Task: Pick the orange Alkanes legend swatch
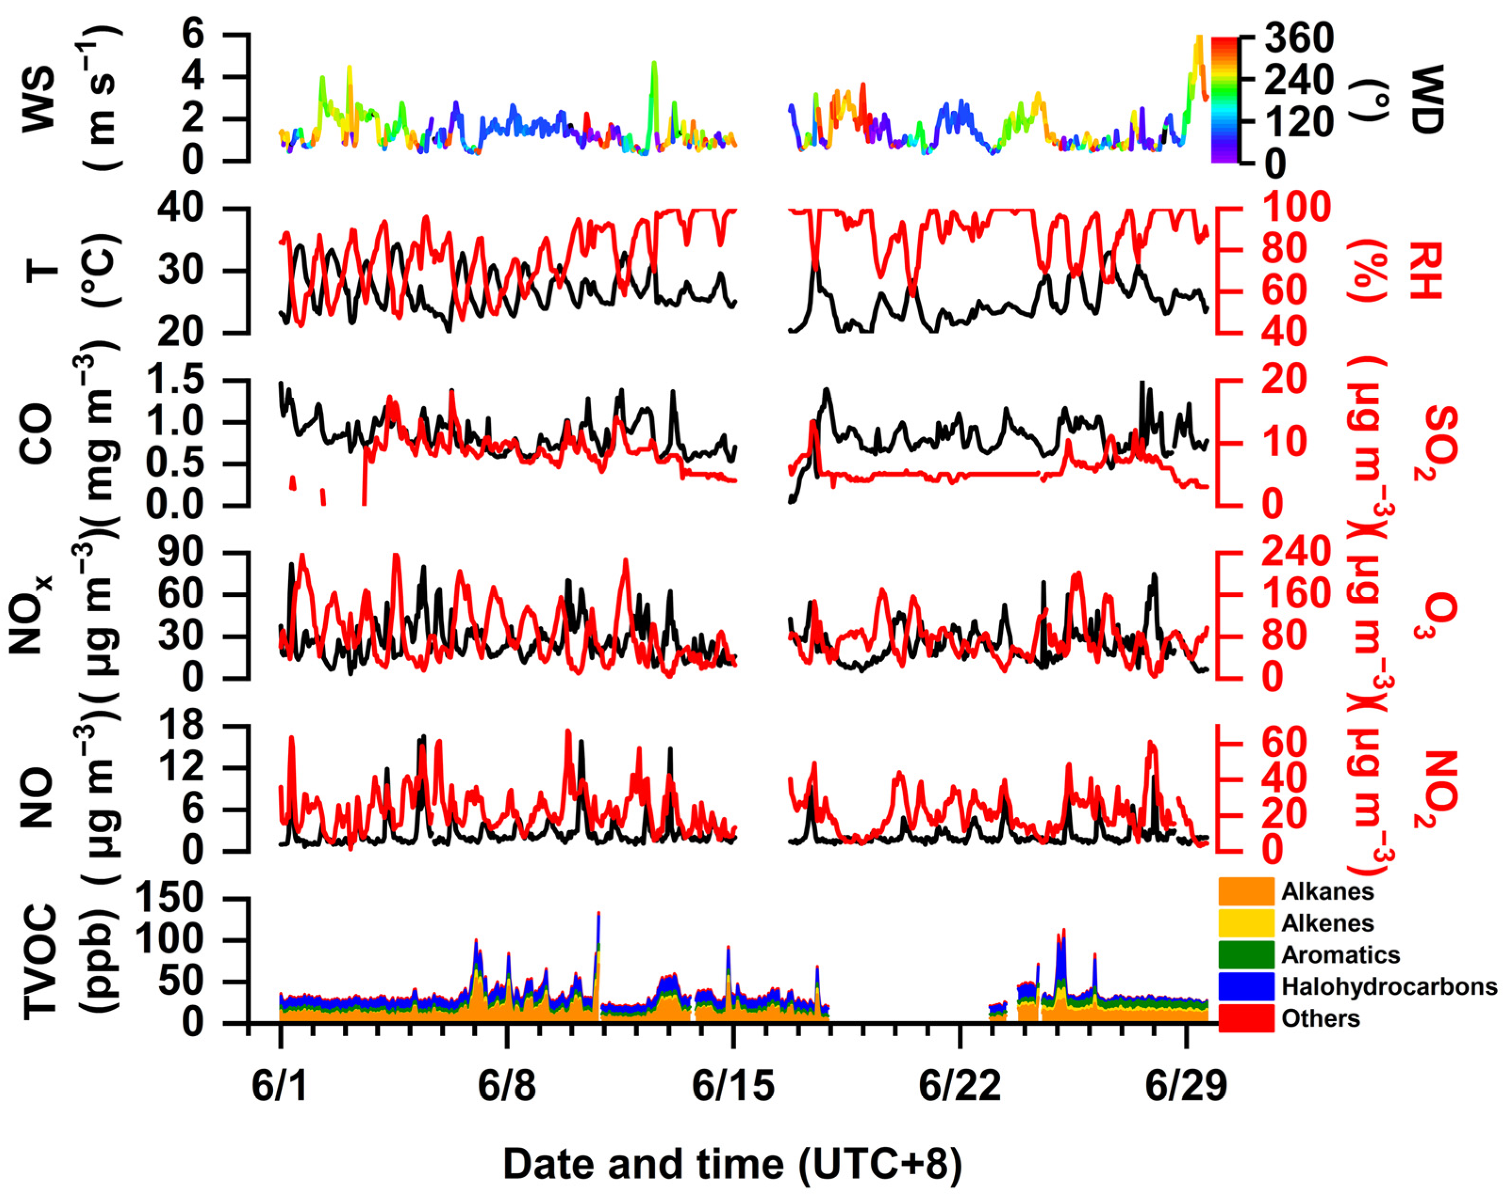1246,892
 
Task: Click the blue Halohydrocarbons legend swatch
1246,986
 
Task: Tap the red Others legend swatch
1246,1018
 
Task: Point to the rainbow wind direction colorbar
1224,99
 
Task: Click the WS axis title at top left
39,99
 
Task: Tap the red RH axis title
1425,271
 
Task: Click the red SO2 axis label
1441,443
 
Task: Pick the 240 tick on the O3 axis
1296,553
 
